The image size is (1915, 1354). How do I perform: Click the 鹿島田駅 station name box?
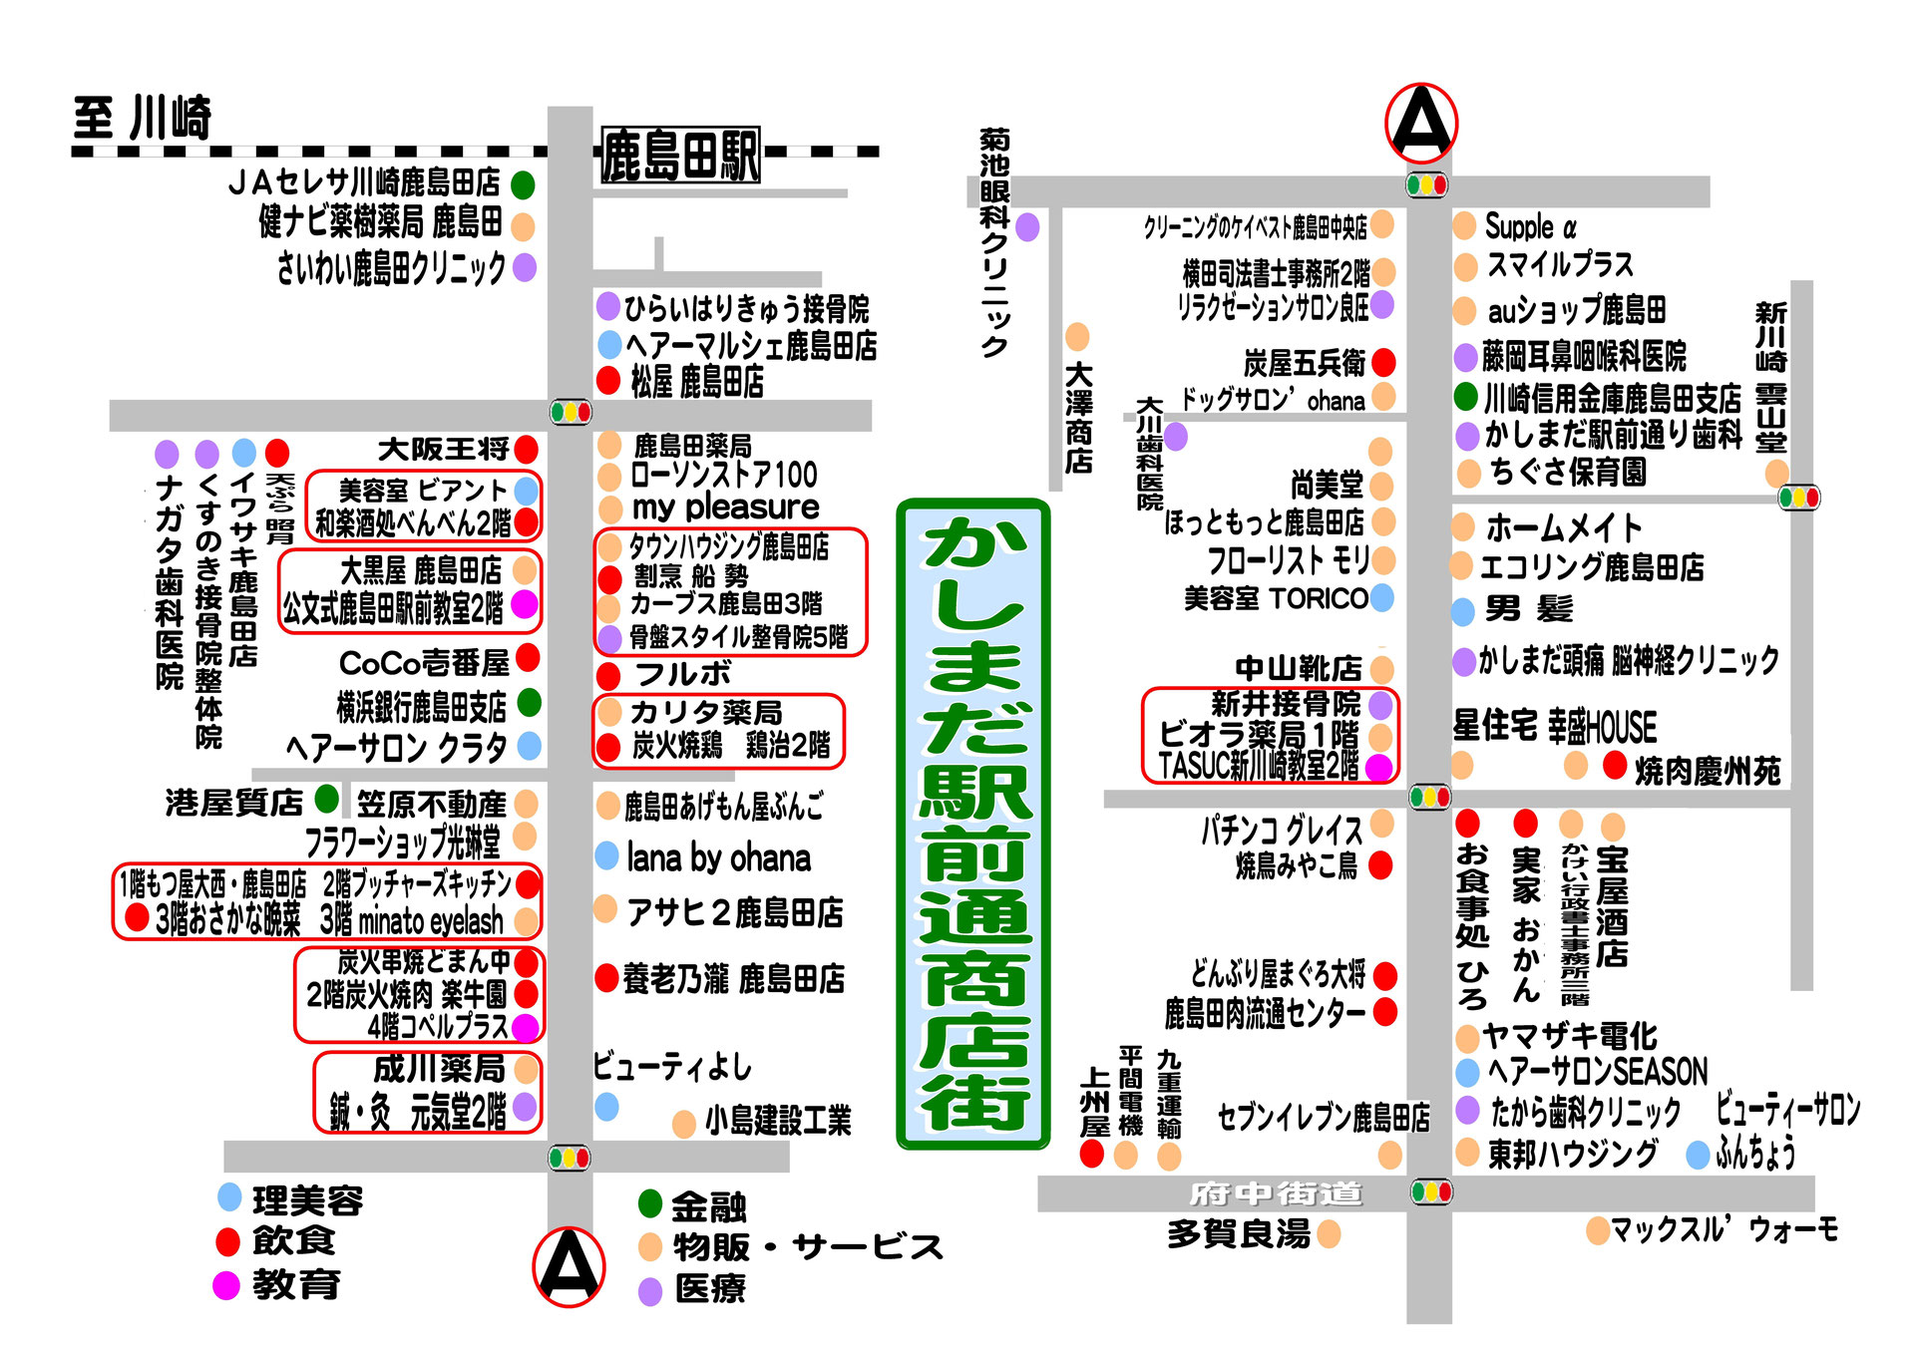coord(680,156)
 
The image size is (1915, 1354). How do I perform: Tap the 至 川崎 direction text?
coord(143,119)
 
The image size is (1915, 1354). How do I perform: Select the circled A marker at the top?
coord(1421,124)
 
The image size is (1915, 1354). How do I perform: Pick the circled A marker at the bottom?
coord(569,1266)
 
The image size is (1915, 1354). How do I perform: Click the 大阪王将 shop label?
coord(443,450)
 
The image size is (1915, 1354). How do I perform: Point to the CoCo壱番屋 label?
coord(424,663)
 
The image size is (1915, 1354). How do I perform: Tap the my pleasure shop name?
coord(725,508)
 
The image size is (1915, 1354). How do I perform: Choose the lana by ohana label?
coord(718,858)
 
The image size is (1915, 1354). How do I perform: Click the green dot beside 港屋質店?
coord(326,799)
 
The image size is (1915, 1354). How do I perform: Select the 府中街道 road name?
coord(1276,1193)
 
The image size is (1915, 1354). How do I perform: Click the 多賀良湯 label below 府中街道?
coord(1239,1234)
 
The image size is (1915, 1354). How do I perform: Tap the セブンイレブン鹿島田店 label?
coord(1323,1118)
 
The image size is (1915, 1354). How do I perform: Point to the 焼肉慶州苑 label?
coord(1707,771)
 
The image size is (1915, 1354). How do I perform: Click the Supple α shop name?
coord(1530,227)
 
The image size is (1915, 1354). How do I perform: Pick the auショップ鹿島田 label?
coord(1576,311)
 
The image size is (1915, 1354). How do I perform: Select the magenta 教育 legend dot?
coord(226,1285)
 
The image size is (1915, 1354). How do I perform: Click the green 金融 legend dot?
coord(650,1203)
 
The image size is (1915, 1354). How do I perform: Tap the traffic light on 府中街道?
coord(1431,1191)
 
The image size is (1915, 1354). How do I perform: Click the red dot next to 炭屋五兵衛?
coord(1383,362)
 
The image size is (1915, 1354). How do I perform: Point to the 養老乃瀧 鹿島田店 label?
coord(733,979)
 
